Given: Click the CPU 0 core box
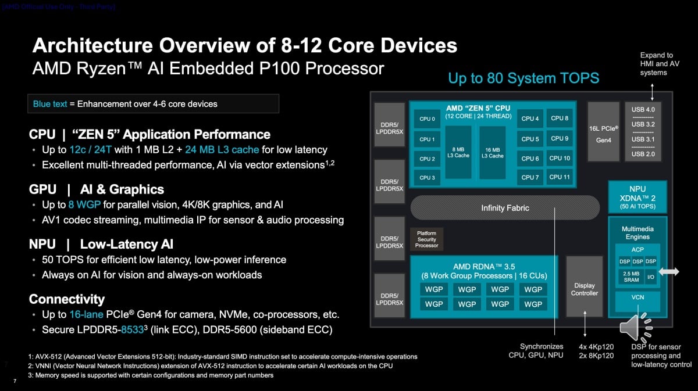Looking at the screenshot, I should point(426,119).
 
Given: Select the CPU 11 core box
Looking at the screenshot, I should point(560,177).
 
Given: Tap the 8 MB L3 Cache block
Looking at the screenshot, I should point(458,152).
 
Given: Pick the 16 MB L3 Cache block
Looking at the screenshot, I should point(492,152).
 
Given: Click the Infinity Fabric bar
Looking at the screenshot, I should point(505,208).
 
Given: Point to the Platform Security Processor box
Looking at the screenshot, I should point(426,239).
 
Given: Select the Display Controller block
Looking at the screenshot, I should point(584,289).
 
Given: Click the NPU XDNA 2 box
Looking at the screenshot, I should point(638,197).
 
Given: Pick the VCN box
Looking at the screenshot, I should point(638,297).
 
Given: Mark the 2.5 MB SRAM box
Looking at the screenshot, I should point(631,276).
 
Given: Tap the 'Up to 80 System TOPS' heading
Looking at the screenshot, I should point(523,78).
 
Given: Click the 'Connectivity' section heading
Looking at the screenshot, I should point(67,299).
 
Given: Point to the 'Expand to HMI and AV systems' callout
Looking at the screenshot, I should point(656,64).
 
